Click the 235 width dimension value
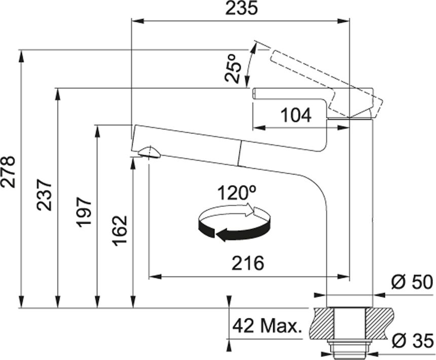(x=242, y=9)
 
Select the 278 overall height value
(x=8, y=171)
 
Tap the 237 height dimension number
(x=44, y=195)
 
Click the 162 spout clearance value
(x=120, y=231)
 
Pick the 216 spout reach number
(x=248, y=263)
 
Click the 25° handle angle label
(x=232, y=68)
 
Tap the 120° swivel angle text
(x=237, y=193)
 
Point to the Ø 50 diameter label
(x=412, y=282)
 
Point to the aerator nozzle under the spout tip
(x=150, y=153)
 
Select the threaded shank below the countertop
(x=349, y=349)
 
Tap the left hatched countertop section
(x=322, y=323)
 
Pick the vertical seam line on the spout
(x=240, y=154)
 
